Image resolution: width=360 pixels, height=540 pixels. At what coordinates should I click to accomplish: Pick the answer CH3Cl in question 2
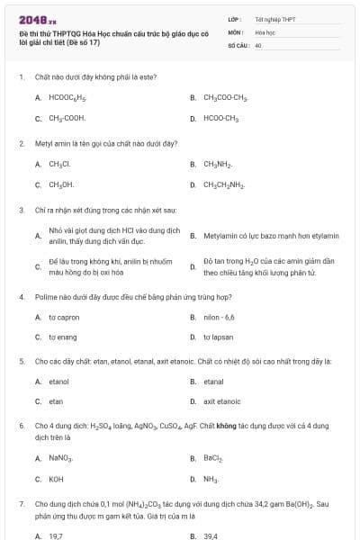pos(59,165)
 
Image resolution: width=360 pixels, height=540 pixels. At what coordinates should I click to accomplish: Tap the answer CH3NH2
pos(218,165)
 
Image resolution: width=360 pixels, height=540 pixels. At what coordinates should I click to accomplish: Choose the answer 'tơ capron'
pos(64,317)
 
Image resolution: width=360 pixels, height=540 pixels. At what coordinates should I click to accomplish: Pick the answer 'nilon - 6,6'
pos(219,317)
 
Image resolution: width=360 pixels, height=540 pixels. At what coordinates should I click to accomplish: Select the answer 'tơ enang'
pos(63,337)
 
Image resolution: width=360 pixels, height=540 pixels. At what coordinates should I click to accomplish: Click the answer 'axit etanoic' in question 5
pos(221,402)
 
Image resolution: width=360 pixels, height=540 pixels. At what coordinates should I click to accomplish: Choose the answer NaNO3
pos(61,458)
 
